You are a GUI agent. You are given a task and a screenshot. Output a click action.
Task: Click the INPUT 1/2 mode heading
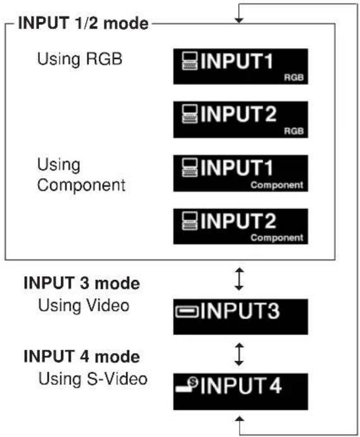tap(83, 23)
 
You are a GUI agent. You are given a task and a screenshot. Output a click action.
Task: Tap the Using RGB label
tap(80, 60)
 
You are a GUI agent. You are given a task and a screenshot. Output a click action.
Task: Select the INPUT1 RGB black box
tap(241, 66)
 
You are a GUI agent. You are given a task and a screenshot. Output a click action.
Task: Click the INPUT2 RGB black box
tap(241, 120)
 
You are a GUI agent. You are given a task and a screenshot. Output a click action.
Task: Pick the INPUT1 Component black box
tap(241, 173)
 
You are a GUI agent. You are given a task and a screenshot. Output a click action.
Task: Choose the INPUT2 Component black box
tap(241, 226)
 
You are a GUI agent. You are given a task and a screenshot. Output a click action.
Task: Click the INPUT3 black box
tap(241, 317)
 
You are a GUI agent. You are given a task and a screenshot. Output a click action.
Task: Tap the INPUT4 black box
tap(241, 391)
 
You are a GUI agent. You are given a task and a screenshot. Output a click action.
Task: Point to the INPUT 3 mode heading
tap(82, 283)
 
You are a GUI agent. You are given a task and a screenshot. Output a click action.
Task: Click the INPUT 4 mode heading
tap(82, 356)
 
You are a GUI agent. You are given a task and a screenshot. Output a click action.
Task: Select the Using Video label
tap(84, 305)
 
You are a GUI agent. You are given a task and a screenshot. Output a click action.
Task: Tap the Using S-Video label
tap(93, 379)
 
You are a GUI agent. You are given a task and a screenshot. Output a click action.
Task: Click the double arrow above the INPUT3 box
tap(239, 279)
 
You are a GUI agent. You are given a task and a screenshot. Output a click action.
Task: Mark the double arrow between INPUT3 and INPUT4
tap(239, 354)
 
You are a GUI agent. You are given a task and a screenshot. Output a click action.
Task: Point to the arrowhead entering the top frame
tap(239, 21)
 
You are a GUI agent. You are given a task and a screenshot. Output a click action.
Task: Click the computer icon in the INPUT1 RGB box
tap(190, 61)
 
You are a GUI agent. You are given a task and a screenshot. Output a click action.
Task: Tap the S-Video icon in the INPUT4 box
tap(187, 384)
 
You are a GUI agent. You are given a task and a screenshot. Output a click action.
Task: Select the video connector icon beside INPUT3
tap(187, 312)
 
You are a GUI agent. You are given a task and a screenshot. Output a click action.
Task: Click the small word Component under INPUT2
tap(277, 237)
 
